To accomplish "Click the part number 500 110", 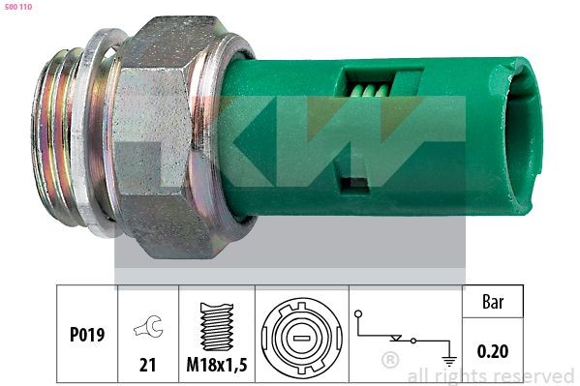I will [19, 8].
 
